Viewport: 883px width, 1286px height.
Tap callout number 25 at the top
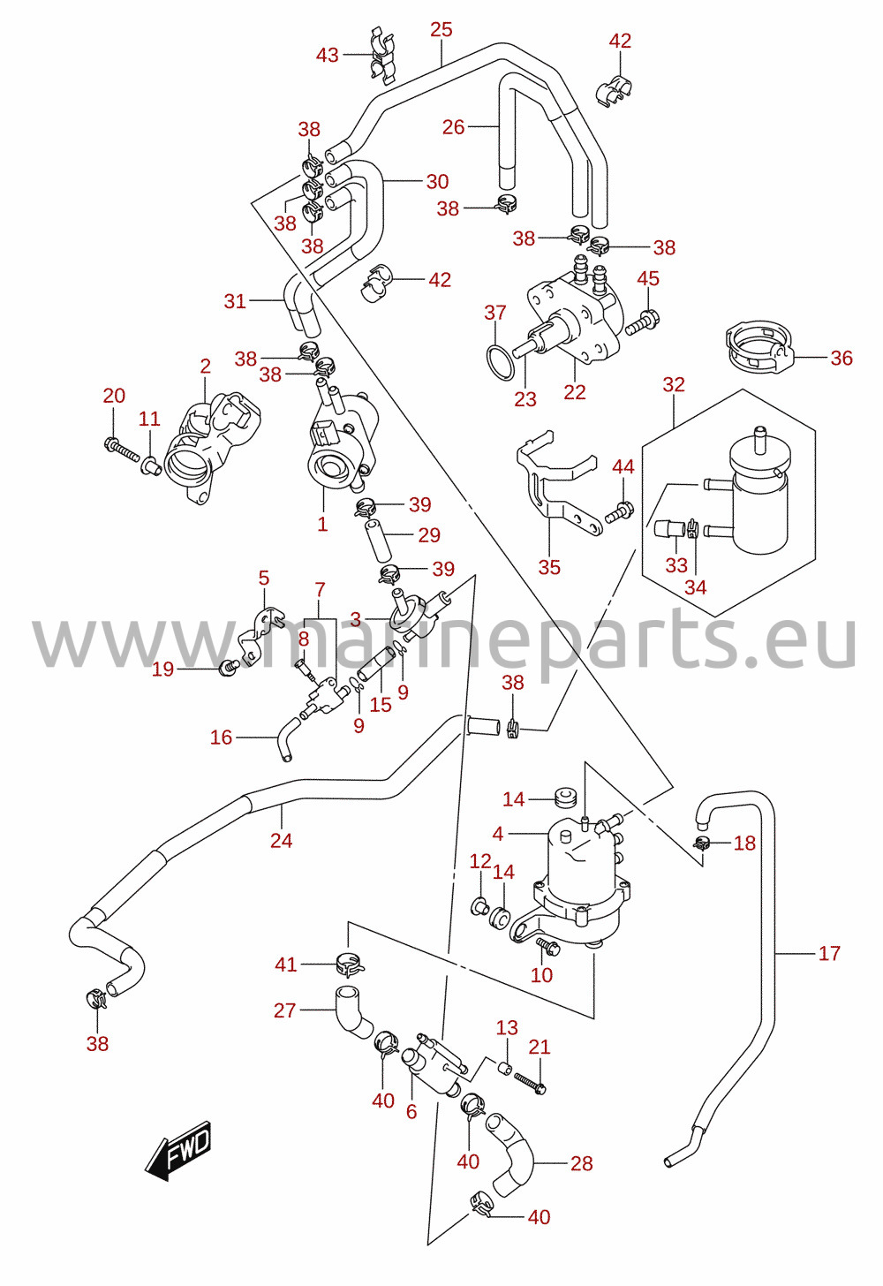[441, 30]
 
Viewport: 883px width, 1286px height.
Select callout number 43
[328, 56]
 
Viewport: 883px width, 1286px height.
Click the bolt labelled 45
[643, 322]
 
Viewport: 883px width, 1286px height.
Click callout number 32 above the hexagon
[674, 385]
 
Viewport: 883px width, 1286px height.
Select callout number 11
[150, 419]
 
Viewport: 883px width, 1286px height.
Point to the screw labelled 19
[229, 667]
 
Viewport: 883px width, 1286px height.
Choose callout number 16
[221, 738]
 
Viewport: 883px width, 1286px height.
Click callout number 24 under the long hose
[282, 841]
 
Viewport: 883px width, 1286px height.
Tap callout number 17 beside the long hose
[829, 954]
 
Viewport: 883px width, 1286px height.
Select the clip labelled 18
[701, 843]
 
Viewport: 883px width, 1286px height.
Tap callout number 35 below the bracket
[549, 567]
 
